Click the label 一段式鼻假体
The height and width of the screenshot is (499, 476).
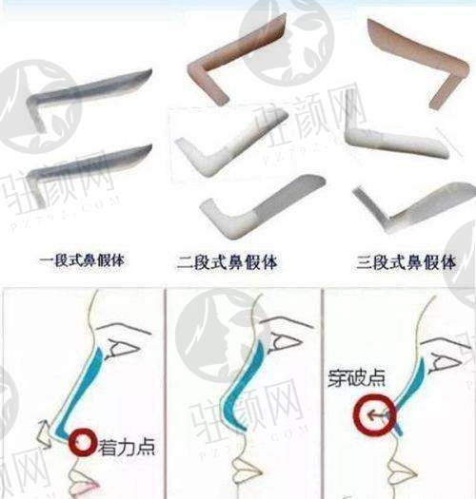click(x=82, y=260)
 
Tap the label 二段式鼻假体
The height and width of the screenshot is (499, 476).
click(x=227, y=262)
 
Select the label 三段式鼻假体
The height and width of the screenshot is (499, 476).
click(x=406, y=262)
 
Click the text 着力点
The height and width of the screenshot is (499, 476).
click(x=127, y=447)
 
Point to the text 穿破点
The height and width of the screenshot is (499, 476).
click(x=356, y=378)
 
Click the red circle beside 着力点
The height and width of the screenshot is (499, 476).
click(x=83, y=442)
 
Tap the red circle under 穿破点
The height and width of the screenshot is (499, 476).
click(x=375, y=414)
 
